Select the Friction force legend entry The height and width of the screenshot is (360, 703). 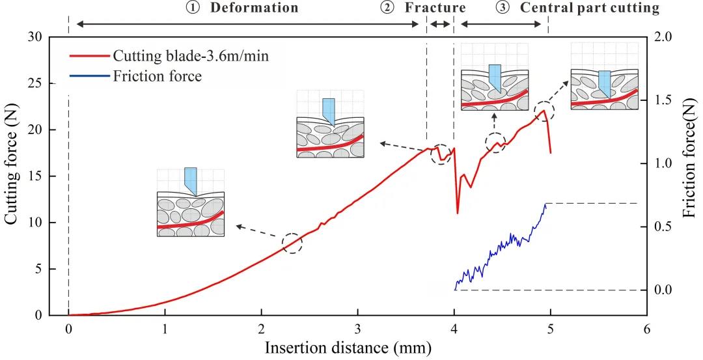[157, 76]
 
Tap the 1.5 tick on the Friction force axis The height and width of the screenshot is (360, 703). [662, 100]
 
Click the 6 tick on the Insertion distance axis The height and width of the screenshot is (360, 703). [646, 329]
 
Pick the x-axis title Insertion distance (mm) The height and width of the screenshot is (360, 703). [348, 348]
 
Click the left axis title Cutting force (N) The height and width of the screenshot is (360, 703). [12, 176]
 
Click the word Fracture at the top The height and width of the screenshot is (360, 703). [434, 8]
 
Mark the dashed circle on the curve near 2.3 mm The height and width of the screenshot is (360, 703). [292, 243]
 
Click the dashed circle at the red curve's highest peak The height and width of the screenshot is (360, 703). [544, 111]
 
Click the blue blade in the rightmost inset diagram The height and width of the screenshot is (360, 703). [605, 82]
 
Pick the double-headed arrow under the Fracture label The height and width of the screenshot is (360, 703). [440, 24]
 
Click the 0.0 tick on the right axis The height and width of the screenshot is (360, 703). [662, 290]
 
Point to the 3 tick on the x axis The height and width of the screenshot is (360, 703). [357, 329]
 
